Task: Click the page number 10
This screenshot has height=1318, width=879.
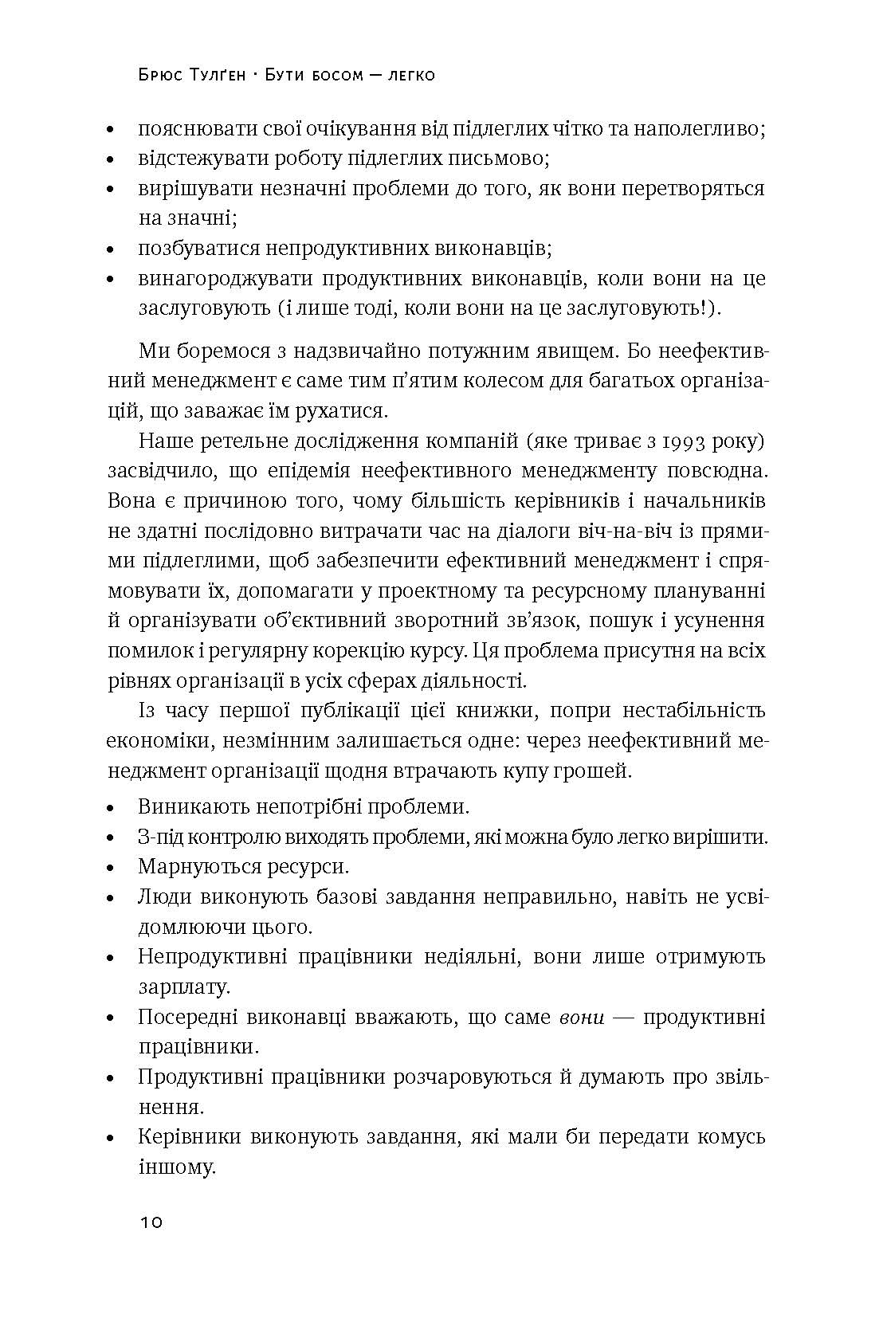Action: coord(151,1223)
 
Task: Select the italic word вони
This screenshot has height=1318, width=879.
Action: coord(582,1018)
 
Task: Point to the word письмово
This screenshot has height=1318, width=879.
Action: coord(499,158)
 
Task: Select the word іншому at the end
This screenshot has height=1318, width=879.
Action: coord(177,1168)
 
